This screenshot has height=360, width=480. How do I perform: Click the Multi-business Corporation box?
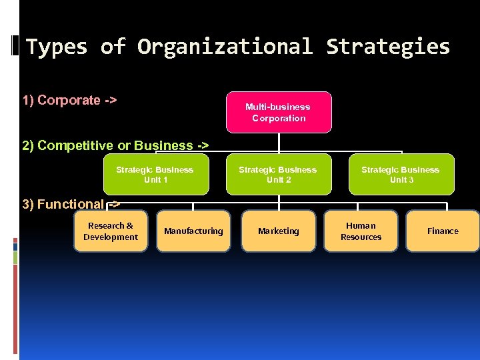(x=278, y=112)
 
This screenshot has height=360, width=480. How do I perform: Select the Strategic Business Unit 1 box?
(x=155, y=175)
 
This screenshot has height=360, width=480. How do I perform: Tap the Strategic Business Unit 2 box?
(x=278, y=175)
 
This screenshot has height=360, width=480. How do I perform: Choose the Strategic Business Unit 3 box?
(x=401, y=175)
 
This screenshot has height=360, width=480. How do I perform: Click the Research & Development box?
(x=111, y=231)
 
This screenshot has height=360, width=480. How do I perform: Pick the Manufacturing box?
(x=193, y=231)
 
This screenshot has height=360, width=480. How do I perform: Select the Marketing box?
(x=278, y=231)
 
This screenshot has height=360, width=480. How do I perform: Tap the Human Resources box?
(x=361, y=231)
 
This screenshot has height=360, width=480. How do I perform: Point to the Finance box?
(x=443, y=231)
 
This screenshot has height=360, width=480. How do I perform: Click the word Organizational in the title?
(x=225, y=47)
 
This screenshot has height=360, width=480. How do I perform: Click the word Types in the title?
(x=57, y=47)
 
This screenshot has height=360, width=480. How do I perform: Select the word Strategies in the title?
(x=388, y=47)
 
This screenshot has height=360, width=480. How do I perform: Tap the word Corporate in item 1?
(x=69, y=100)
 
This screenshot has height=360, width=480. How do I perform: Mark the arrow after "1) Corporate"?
(x=111, y=100)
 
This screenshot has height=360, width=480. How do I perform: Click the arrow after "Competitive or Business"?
(x=201, y=145)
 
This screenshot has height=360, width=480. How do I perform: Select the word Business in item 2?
(x=163, y=145)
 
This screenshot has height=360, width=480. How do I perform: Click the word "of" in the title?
(x=112, y=47)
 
